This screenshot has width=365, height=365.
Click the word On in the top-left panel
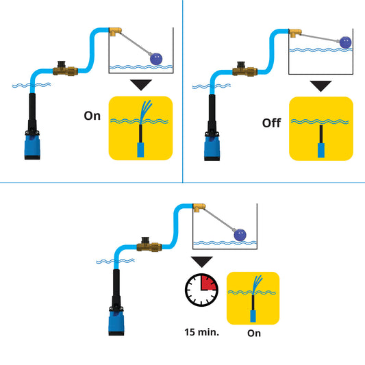[92, 116]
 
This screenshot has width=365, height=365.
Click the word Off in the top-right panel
[272, 123]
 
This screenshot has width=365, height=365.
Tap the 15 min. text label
[201, 332]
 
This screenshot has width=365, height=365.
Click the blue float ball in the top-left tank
[159, 58]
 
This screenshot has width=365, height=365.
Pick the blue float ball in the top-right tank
[346, 42]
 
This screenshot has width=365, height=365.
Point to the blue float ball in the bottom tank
[240, 235]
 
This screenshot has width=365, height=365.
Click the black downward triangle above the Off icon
[320, 86]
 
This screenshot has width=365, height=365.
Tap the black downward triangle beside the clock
[201, 262]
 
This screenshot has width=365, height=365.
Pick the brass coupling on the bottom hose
[148, 244]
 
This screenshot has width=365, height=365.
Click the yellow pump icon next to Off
[320, 129]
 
